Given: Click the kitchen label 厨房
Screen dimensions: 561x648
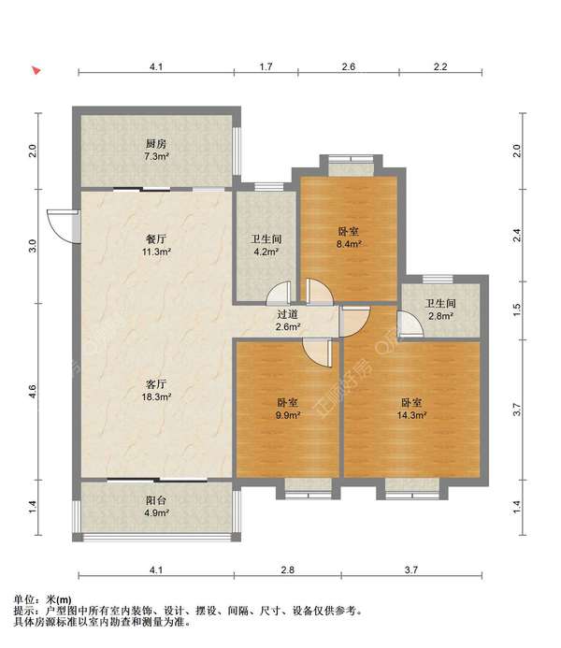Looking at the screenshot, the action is (x=156, y=144).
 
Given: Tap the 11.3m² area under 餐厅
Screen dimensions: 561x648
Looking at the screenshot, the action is (x=156, y=252).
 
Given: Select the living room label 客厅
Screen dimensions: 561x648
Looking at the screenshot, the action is (x=156, y=384).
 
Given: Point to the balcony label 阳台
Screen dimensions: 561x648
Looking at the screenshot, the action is (x=156, y=500).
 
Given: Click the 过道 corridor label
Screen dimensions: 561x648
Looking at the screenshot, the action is (x=288, y=314).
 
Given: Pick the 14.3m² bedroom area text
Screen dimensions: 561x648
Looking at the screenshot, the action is (x=411, y=415).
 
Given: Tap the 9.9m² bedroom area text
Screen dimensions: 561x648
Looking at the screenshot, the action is (x=288, y=415).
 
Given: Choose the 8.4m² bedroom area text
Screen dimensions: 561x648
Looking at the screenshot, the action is (x=349, y=244).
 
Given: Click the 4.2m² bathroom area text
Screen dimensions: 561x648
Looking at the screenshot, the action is (x=266, y=252).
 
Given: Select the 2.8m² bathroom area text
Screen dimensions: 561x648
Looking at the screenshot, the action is (x=440, y=316).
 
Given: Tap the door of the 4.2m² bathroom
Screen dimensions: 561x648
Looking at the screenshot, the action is (x=279, y=293).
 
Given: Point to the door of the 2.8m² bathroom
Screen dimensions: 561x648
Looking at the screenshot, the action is (x=410, y=324).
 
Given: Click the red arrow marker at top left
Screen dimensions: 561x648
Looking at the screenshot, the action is (x=36, y=70).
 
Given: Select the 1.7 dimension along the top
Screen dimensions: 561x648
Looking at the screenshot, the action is (x=266, y=66).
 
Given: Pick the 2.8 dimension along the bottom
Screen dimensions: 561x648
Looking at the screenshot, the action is (x=288, y=569).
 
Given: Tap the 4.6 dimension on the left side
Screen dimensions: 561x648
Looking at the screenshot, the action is (x=33, y=392).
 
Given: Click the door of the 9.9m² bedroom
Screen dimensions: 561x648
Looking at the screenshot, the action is (x=317, y=353).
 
